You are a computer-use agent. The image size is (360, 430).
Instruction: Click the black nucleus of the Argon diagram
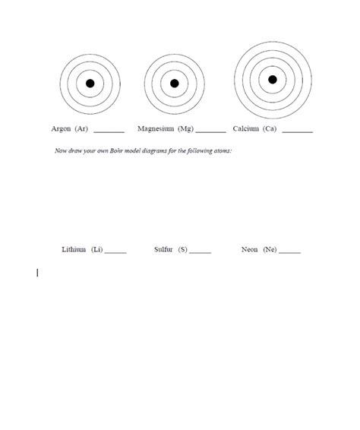coord(90,84)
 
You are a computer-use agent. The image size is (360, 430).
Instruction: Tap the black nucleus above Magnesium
coord(174,84)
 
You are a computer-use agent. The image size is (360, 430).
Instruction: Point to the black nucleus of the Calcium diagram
coord(273,79)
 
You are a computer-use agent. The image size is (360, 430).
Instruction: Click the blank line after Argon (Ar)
coord(109,131)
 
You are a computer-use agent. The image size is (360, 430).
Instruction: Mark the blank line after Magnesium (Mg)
coord(210,131)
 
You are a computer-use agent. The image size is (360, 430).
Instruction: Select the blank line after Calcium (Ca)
coord(297,131)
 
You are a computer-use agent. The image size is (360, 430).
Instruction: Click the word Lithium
coord(74,249)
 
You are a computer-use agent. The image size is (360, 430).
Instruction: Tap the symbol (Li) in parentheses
coord(96,249)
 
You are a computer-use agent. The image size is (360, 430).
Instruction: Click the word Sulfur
coord(163,249)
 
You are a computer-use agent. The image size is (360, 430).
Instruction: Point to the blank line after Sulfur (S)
coord(201,252)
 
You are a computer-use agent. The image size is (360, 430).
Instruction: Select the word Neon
coord(249,249)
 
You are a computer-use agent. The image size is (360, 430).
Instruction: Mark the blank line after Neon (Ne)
coord(290,252)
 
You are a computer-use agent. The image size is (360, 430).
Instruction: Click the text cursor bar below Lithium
coord(37,271)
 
